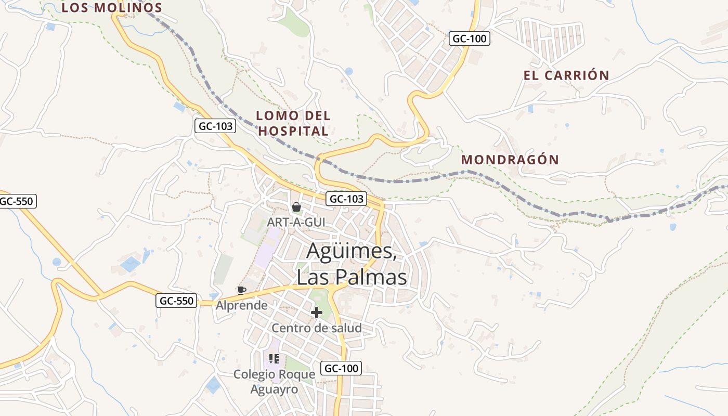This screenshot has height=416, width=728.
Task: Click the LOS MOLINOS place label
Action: pyautogui.click(x=112, y=8)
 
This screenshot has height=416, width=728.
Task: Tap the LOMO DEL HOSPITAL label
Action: pyautogui.click(x=293, y=123)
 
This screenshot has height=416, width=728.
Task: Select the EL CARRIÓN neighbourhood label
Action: pyautogui.click(x=566, y=75)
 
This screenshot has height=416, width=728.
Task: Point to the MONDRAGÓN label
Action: pyautogui.click(x=510, y=160)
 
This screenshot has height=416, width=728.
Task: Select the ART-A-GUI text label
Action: pyautogui.click(x=296, y=222)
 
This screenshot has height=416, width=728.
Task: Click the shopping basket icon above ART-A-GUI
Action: pyautogui.click(x=296, y=207)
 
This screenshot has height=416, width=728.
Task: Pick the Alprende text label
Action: pyautogui.click(x=242, y=305)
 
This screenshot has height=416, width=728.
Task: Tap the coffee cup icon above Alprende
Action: pyautogui.click(x=241, y=290)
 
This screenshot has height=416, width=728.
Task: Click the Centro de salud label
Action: pyautogui.click(x=316, y=328)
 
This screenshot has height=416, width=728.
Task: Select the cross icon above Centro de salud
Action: pyautogui.click(x=316, y=313)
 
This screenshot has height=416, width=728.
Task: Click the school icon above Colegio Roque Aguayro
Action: pyautogui.click(x=275, y=359)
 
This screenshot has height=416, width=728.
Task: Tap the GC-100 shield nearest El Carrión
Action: pyautogui.click(x=470, y=38)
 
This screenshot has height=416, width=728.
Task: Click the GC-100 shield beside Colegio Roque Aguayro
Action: pyautogui.click(x=341, y=368)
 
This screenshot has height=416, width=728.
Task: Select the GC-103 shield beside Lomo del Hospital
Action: pyautogui.click(x=215, y=126)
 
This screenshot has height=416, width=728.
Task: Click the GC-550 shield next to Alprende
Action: pyautogui.click(x=176, y=301)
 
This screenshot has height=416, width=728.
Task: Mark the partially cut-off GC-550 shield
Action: pyautogui.click(x=17, y=201)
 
